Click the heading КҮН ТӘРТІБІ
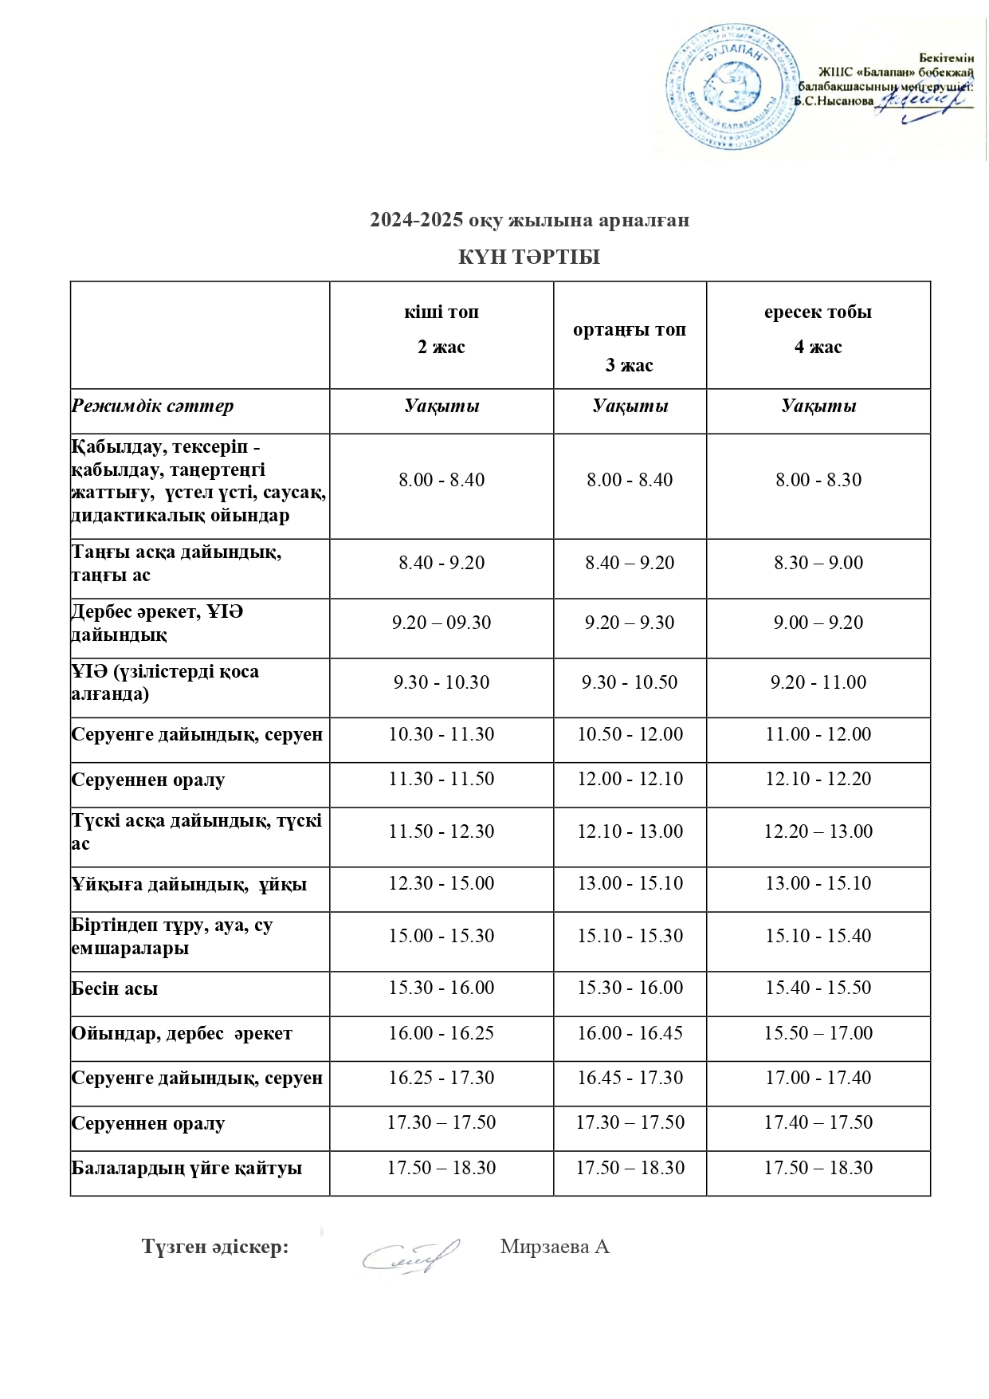pyautogui.click(x=528, y=257)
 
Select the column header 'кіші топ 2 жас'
pyautogui.click(x=442, y=329)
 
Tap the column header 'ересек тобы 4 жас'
pyautogui.click(x=818, y=329)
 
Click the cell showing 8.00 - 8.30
pyautogui.click(x=818, y=480)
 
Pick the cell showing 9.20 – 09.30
pyautogui.click(x=442, y=623)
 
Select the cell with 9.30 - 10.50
pyautogui.click(x=630, y=682)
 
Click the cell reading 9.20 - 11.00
pyautogui.click(x=818, y=682)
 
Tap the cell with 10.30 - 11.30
pyautogui.click(x=442, y=734)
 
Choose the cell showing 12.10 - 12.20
pyautogui.click(x=818, y=779)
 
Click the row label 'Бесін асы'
pyautogui.click(x=115, y=988)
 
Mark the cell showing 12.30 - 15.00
pyautogui.click(x=442, y=883)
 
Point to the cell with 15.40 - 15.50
pyautogui.click(x=818, y=988)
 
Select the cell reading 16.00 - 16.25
pyautogui.click(x=442, y=1033)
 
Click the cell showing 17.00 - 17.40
pyautogui.click(x=818, y=1078)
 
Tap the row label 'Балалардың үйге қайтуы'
pyautogui.click(x=186, y=1169)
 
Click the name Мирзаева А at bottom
pyautogui.click(x=555, y=1247)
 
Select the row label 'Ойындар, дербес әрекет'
pyautogui.click(x=182, y=1034)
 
